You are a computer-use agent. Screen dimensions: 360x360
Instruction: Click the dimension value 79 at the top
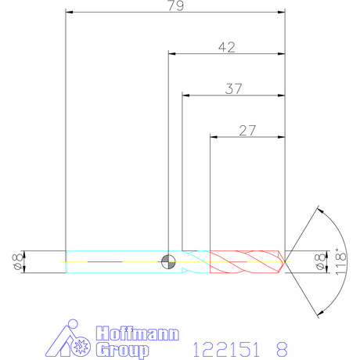175,5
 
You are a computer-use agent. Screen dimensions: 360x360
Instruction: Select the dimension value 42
227,48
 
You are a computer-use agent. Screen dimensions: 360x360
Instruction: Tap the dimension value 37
233,89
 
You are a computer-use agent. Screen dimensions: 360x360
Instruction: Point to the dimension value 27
247,131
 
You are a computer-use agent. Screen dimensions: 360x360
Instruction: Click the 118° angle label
340,261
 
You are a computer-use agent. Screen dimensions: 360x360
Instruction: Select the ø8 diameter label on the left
17,262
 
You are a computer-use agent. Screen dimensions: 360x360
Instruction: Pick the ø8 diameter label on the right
320,261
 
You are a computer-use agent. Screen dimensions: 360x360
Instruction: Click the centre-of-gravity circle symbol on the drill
168,261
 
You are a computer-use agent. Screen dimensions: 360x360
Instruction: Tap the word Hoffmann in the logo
138,333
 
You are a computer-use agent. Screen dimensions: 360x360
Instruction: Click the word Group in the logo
122,350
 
